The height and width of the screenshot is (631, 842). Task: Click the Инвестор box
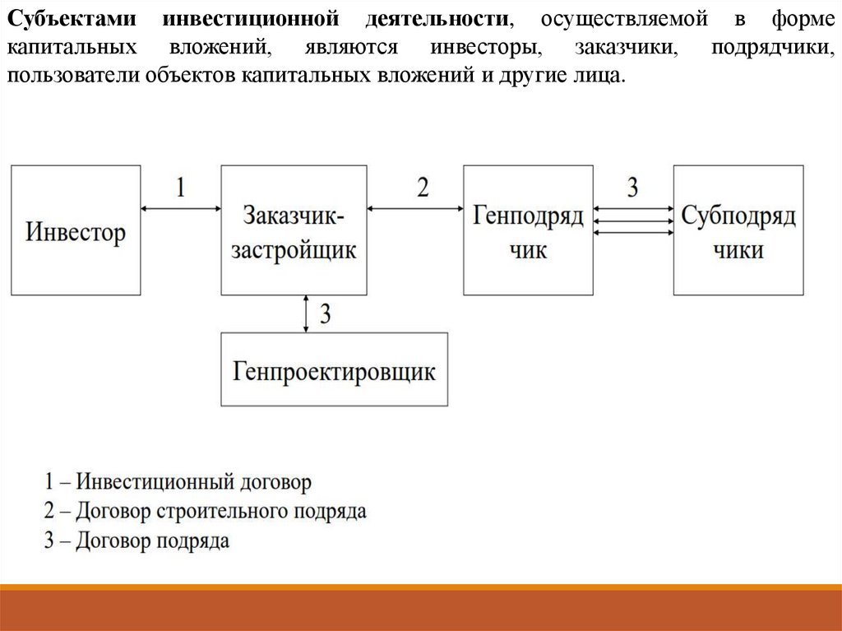pos(76,230)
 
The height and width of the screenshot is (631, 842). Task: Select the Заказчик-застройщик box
pos(294,230)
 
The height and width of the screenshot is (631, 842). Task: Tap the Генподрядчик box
pos(528,230)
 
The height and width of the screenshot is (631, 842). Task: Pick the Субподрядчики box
pos(738,230)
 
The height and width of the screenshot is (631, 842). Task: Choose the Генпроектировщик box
pos(335,369)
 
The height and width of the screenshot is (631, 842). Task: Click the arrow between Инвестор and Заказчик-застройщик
pos(180,209)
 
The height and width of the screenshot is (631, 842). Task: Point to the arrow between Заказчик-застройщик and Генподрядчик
pos(415,209)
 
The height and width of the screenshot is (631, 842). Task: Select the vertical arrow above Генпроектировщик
pos(306,313)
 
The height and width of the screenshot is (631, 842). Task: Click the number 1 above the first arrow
pos(180,188)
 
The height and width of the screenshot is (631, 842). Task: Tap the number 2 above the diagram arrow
pos(423,188)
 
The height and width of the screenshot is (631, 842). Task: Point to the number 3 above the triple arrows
pos(632,188)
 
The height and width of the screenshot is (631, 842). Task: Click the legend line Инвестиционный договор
pos(179,481)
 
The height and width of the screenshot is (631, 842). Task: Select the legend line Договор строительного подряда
pos(206,511)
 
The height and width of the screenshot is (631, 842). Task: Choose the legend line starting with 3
pos(137,541)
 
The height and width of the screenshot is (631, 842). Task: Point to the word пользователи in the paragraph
pos(75,77)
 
